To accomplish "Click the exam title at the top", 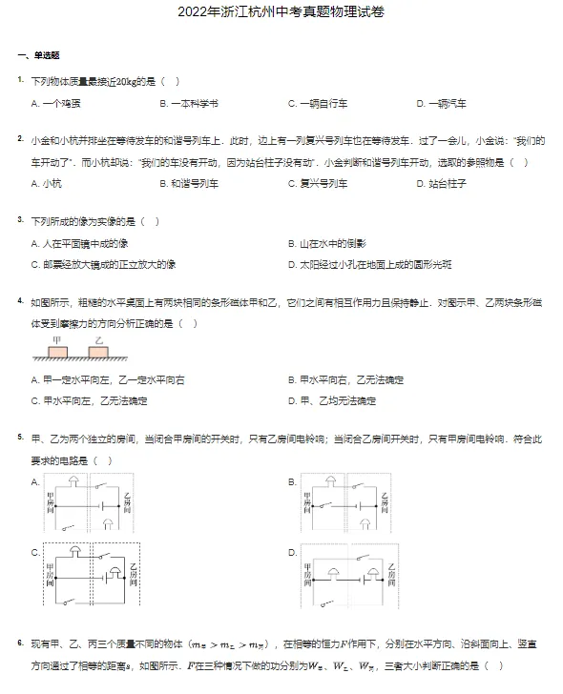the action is click(282, 17).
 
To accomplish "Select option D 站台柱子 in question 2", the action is click(441, 183).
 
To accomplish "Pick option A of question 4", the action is click(108, 380).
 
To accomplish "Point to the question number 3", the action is click(20, 220).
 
